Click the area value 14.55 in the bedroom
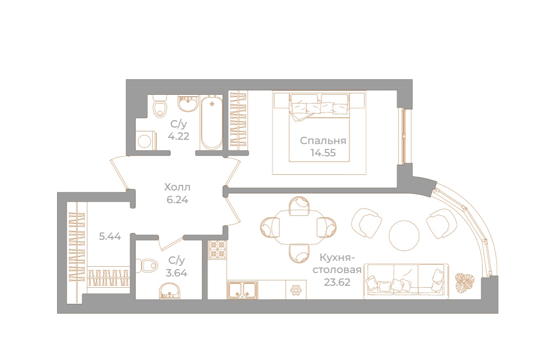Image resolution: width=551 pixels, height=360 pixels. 323,153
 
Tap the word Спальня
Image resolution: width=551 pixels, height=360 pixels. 323,141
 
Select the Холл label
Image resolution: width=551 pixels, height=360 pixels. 177,187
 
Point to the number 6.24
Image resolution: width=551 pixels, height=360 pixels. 177,200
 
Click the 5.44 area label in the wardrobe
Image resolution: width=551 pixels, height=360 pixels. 110,236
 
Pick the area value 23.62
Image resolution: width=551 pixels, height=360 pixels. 337,282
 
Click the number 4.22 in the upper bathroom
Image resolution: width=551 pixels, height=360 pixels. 178,136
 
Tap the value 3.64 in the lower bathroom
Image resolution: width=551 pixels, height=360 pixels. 176,273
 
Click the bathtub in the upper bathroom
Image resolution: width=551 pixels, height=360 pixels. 212,122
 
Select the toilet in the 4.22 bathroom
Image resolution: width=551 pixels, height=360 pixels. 160,106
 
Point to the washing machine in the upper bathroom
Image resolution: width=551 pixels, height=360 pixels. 145,140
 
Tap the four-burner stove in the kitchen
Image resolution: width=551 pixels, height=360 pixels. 217,249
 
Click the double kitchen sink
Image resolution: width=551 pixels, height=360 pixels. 242,290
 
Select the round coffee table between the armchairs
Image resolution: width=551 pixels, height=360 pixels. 404,235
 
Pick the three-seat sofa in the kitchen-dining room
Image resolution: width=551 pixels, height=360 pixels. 406,281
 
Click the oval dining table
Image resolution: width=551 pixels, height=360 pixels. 298,228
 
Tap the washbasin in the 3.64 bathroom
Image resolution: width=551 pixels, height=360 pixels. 170,292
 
